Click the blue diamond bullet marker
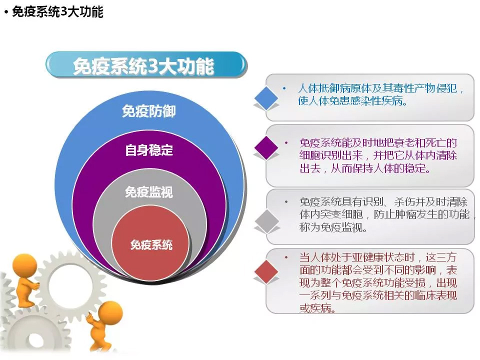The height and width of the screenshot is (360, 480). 266,98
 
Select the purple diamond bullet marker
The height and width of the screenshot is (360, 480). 266,148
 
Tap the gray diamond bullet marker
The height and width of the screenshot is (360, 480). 267,220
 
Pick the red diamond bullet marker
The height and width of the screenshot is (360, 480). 266,271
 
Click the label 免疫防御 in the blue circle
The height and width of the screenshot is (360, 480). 149,111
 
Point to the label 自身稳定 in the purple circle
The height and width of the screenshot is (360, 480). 149,150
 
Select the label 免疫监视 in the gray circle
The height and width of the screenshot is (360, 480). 149,192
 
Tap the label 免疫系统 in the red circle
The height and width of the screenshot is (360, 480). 151,244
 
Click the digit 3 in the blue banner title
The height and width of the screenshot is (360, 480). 150,66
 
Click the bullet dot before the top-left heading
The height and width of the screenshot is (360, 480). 6,12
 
